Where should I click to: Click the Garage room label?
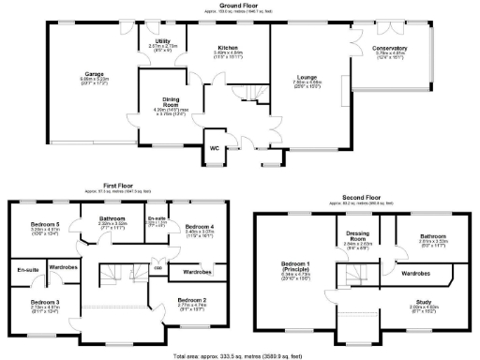(95, 72)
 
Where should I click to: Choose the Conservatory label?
(389, 48)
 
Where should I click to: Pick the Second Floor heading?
(362, 199)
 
